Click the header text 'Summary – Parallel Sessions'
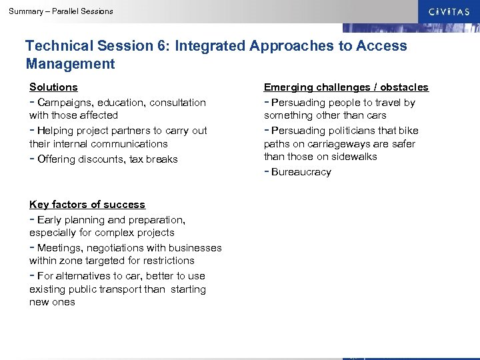61,11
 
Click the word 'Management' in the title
70,64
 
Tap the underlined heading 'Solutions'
53,87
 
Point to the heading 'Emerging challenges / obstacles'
346,87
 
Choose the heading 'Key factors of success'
87,205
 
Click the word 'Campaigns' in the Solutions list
63,103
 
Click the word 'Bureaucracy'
301,172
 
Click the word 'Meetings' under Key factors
59,248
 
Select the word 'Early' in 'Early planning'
49,220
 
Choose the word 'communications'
129,144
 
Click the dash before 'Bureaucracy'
267,171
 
